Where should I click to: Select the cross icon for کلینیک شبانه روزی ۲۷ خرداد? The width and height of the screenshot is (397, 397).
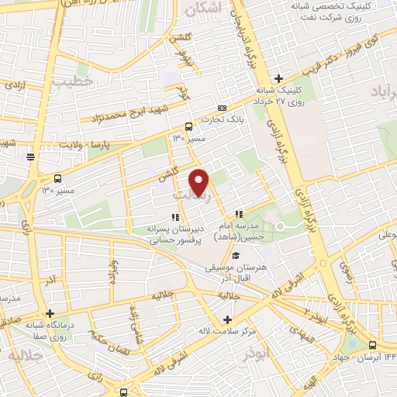click(278, 78)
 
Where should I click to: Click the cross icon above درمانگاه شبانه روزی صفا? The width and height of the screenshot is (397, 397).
click(50, 314)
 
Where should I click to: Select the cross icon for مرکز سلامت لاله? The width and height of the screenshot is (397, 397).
click(227, 319)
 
